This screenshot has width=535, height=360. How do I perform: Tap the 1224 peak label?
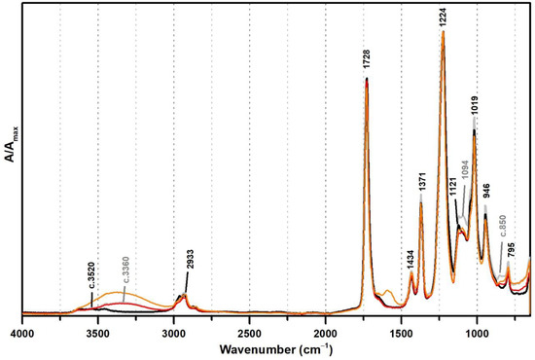point(443,17)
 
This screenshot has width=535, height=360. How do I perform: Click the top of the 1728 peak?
point(367,78)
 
